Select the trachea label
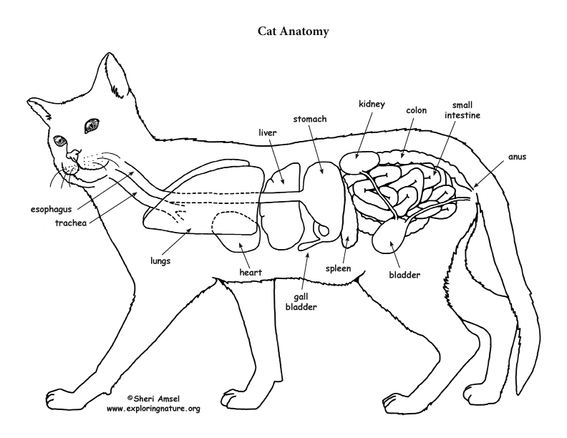72,223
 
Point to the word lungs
160,261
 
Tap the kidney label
372,104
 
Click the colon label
416,111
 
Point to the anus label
516,157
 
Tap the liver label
267,132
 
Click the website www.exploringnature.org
153,408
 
